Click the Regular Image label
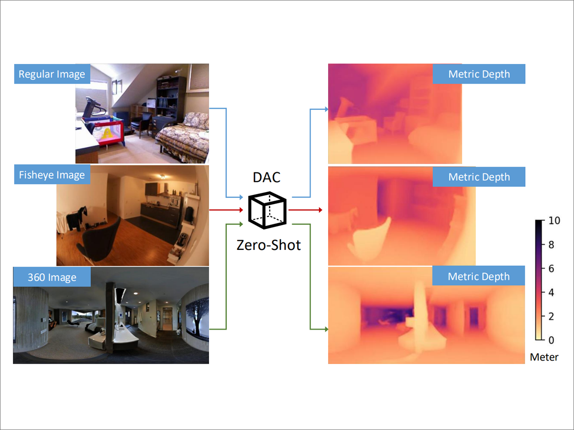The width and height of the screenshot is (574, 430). [x=52, y=74]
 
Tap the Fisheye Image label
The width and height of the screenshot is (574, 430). [x=52, y=175]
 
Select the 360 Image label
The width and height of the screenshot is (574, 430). [x=52, y=277]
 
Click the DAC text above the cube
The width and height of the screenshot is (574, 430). [x=266, y=178]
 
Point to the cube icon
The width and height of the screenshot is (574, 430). [x=267, y=210]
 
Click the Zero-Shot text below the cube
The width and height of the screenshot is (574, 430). [x=268, y=246]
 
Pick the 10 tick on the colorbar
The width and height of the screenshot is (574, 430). [x=554, y=221]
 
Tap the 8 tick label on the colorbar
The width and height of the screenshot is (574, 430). [x=551, y=245]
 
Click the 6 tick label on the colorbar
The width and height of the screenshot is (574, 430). [x=551, y=269]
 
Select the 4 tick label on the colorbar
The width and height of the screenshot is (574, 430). [x=551, y=292]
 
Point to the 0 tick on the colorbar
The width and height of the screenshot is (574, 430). [x=551, y=340]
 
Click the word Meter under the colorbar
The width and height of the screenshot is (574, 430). [x=544, y=357]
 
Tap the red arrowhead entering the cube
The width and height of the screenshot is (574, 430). [x=241, y=210]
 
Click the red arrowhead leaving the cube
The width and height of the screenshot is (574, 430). [x=320, y=210]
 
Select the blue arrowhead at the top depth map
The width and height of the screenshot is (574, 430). [x=326, y=109]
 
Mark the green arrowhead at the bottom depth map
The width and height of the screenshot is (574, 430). [x=326, y=329]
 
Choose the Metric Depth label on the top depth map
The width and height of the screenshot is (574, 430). [x=479, y=74]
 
